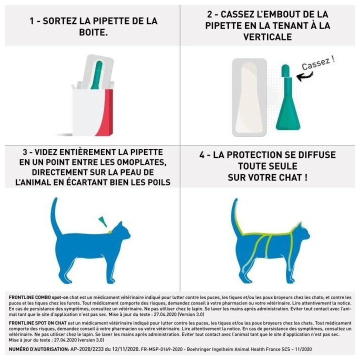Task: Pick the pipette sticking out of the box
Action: (98, 75)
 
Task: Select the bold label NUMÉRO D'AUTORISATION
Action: (39, 348)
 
